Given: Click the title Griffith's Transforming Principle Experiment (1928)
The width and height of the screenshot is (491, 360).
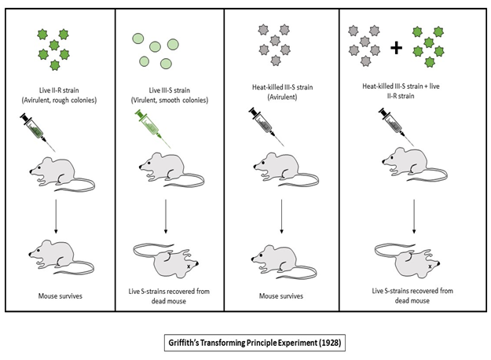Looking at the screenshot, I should [x=245, y=343].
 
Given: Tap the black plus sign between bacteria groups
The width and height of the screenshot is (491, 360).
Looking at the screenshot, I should [x=396, y=49].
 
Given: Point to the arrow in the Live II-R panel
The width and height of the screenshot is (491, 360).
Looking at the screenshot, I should [x=55, y=213].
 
